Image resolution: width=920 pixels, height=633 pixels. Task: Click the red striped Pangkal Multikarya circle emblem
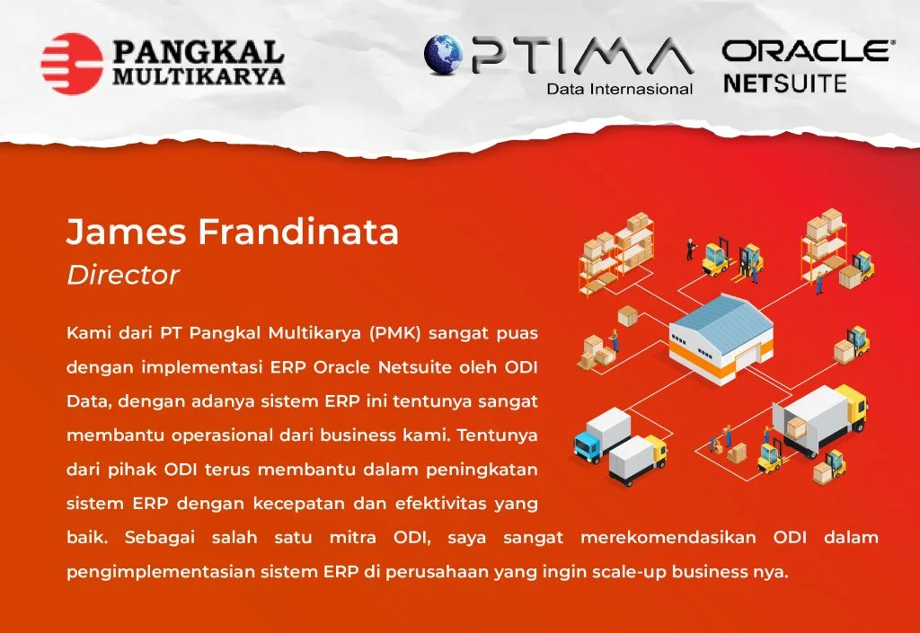tap(72, 64)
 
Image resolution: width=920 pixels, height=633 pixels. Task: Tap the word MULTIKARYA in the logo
tap(199, 76)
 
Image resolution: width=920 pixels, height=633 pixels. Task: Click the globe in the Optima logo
tap(444, 55)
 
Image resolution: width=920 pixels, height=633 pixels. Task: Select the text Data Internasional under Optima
tap(620, 89)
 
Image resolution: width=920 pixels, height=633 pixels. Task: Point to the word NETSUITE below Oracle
tap(785, 84)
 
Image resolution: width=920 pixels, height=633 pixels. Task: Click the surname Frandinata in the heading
tap(298, 231)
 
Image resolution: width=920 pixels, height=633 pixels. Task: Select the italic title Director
tap(122, 275)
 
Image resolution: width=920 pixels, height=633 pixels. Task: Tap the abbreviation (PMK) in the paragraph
tap(395, 333)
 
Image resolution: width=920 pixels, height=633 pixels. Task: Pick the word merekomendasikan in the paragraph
tap(668, 537)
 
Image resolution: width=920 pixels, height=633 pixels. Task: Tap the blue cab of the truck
tap(586, 444)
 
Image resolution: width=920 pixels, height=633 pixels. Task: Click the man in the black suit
tap(691, 249)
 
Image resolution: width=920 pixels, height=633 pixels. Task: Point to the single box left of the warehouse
tap(628, 315)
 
